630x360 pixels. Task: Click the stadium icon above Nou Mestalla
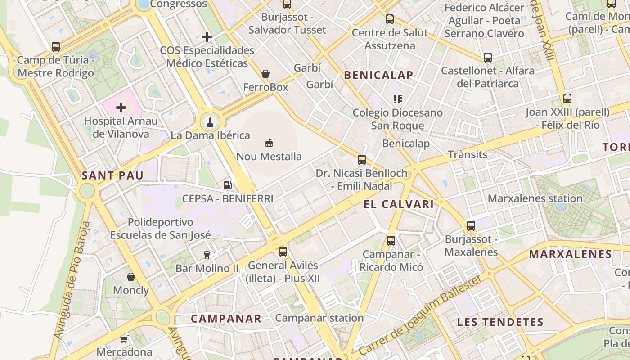(x=269, y=143)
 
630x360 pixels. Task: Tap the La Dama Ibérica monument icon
(x=210, y=121)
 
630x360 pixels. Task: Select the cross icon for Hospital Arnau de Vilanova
(x=121, y=108)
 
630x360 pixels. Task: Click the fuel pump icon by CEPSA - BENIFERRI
(x=228, y=185)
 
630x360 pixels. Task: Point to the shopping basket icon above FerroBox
(x=265, y=73)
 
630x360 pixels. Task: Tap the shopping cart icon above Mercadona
(x=124, y=338)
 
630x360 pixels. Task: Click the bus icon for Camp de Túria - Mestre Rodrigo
(x=56, y=46)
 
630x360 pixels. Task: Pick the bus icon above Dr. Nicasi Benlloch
(x=362, y=159)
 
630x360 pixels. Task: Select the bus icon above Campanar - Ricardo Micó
(x=391, y=241)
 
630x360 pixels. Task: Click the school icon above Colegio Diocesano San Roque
(x=397, y=99)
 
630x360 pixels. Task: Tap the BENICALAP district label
(x=378, y=75)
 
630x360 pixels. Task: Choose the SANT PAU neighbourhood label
(x=112, y=175)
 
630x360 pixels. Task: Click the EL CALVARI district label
(x=399, y=204)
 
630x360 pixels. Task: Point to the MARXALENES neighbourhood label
(x=570, y=254)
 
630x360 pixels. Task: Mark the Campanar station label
(x=319, y=318)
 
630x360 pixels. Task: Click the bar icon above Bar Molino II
(x=207, y=255)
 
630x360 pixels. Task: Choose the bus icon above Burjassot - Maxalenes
(x=471, y=226)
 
